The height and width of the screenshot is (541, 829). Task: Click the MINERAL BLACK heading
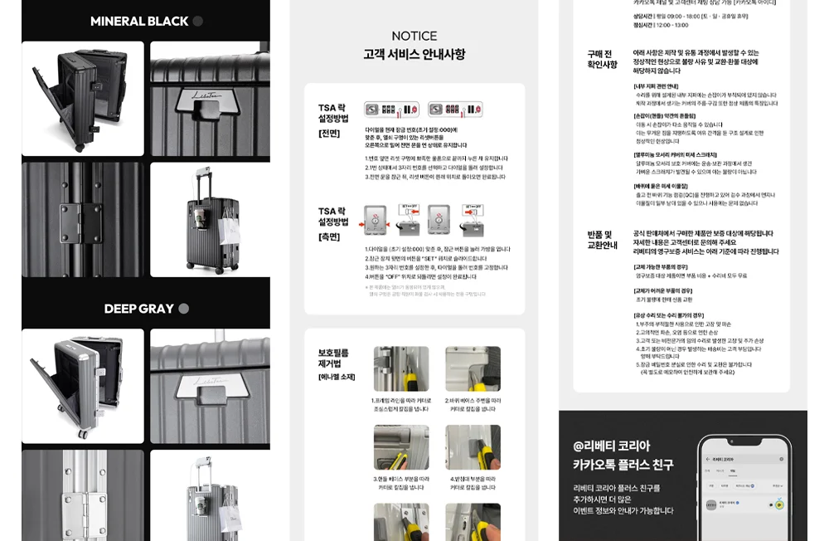click(x=139, y=22)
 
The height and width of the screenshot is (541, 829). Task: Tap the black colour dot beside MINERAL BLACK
click(x=198, y=22)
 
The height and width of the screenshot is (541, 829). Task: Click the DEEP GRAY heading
click(x=138, y=309)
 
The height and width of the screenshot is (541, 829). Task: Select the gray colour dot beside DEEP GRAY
click(x=184, y=309)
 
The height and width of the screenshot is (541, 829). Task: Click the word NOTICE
click(x=414, y=37)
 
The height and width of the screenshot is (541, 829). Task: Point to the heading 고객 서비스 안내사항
click(x=414, y=55)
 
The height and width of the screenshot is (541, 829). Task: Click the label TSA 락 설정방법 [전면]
click(x=333, y=119)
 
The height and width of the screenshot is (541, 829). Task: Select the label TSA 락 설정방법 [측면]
click(x=333, y=223)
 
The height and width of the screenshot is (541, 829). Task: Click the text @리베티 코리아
click(x=612, y=446)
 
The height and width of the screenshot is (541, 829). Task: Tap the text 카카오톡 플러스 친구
click(x=623, y=465)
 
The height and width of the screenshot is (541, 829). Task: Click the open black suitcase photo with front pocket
click(x=83, y=99)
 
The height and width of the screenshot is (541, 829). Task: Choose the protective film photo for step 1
click(x=400, y=369)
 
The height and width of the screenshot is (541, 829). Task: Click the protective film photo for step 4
click(x=473, y=447)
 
